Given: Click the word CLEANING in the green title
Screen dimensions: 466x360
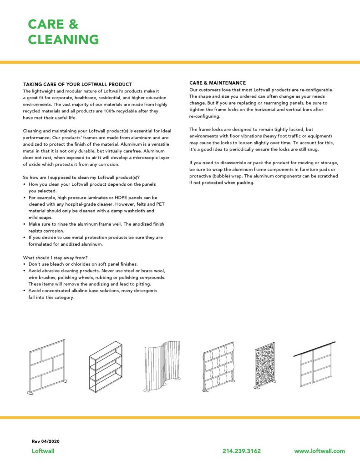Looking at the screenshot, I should (63, 40).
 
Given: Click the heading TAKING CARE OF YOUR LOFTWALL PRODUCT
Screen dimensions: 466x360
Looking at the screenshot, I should (77, 84).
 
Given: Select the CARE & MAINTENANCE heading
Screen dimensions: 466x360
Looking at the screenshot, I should (218, 83).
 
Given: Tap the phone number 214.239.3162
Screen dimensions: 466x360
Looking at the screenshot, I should (242, 451).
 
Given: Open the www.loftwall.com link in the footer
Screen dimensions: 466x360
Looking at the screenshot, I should (319, 451).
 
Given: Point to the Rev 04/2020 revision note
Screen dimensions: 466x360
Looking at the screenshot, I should (46, 441).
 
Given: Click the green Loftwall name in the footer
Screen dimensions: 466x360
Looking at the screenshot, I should (43, 451).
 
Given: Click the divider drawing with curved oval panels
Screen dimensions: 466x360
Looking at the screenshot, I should (220, 368).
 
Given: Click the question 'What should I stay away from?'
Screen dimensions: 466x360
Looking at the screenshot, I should (55, 258).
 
